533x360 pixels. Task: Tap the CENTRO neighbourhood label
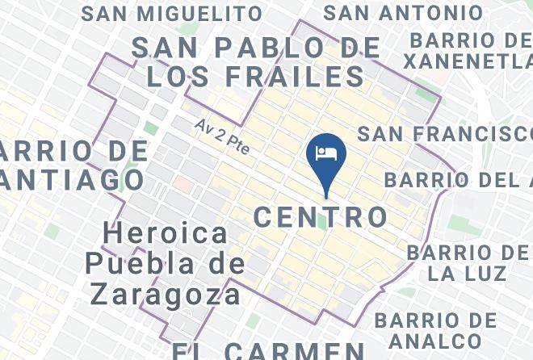coord(321,216)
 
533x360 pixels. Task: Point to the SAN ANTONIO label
coord(403,13)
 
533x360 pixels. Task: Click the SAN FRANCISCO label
coord(444,133)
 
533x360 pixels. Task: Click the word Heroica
coord(166,234)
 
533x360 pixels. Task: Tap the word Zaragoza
coord(165,294)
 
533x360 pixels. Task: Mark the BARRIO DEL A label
coord(457,179)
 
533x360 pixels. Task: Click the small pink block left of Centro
coord(183,185)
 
